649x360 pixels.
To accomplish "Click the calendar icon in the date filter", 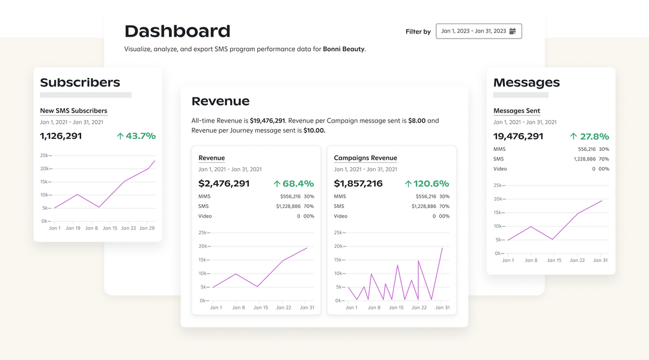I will click(x=513, y=31).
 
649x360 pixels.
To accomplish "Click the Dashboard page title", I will click(x=177, y=31).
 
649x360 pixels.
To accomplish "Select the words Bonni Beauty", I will click(x=344, y=49).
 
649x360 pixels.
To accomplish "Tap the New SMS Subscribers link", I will click(x=73, y=111).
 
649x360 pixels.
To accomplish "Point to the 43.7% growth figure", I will click(x=136, y=136).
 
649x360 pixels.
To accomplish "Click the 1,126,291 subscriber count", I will click(x=61, y=136).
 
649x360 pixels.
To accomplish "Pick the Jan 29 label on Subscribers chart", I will click(x=147, y=228).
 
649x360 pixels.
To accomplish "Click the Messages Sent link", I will click(x=517, y=111).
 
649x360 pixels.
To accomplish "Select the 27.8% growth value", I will click(x=590, y=136).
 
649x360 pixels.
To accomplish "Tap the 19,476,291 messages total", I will click(x=518, y=136).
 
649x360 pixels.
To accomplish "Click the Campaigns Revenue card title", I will click(x=365, y=158).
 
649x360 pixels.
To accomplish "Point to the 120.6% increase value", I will click(x=427, y=183).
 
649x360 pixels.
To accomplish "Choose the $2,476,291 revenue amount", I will click(x=224, y=183).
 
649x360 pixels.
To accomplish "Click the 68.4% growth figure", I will click(x=293, y=183).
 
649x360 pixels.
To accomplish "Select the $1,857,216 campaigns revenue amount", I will click(x=358, y=183).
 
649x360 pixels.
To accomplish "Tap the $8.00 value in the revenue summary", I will click(x=416, y=121).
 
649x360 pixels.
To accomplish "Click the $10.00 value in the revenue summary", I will click(x=314, y=130).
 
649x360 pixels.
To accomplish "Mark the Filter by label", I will click(x=418, y=32).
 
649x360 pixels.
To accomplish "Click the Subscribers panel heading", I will click(x=80, y=82).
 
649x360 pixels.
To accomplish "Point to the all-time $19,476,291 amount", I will click(x=267, y=121).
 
